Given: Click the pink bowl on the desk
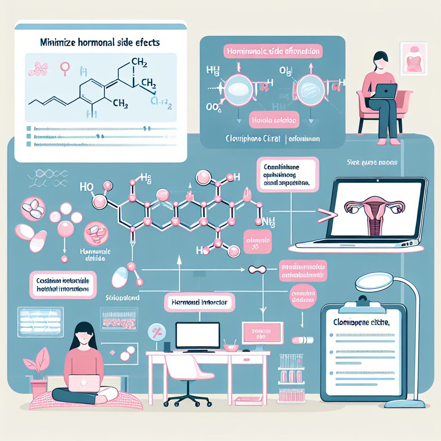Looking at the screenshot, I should point(231,346).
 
